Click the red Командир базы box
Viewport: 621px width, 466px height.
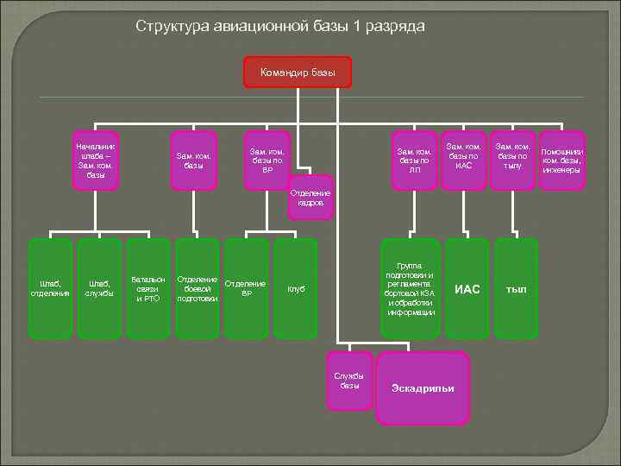click(x=298, y=72)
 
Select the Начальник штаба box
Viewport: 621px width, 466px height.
click(x=95, y=159)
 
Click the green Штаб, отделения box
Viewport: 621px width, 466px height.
click(x=50, y=287)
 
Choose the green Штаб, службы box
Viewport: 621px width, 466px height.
click(x=99, y=287)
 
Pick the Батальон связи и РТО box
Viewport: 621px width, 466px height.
click(x=147, y=287)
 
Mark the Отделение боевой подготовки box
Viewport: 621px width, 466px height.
click(x=197, y=287)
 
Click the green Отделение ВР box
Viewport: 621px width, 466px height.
click(x=246, y=287)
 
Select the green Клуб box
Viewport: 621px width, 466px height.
click(x=295, y=287)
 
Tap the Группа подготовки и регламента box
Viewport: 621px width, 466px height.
click(x=411, y=287)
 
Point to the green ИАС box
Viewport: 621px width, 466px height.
click(x=467, y=287)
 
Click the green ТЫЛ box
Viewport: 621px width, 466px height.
click(x=516, y=287)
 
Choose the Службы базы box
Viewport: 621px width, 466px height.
click(x=350, y=381)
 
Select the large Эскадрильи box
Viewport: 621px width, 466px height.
click(x=423, y=387)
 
